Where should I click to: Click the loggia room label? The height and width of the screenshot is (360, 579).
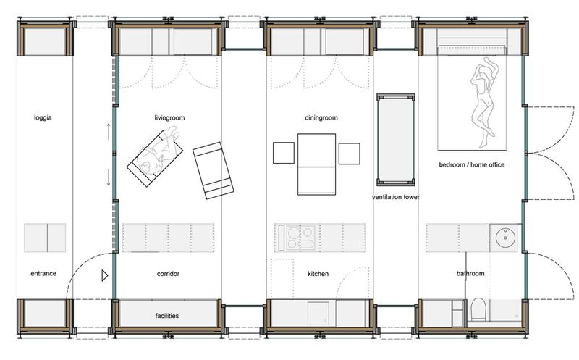(43, 118)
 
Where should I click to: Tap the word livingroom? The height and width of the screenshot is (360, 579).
(169, 118)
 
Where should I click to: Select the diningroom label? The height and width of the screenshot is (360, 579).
(321, 118)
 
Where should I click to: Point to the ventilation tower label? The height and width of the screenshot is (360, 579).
(396, 197)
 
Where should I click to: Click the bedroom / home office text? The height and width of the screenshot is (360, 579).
(472, 165)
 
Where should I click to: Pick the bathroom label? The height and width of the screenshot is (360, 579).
(470, 274)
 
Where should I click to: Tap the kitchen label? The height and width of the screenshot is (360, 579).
(318, 274)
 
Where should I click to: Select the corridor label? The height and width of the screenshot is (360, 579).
(168, 274)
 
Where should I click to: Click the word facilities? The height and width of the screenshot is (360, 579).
(167, 316)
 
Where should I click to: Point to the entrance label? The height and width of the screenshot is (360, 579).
(43, 274)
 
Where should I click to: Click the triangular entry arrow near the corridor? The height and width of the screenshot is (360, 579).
(105, 275)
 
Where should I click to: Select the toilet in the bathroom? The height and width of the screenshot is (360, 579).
(478, 310)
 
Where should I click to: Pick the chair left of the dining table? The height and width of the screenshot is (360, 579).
(284, 153)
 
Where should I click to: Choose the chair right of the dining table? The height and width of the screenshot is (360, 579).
(350, 154)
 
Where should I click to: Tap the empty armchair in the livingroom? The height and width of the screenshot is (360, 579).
(214, 170)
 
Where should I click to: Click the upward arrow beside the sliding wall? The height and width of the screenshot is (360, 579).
(109, 132)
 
